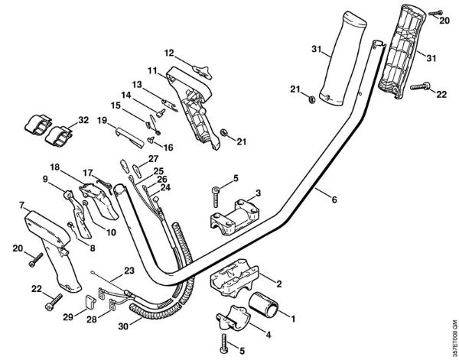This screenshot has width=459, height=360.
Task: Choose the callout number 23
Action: (x=128, y=270)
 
